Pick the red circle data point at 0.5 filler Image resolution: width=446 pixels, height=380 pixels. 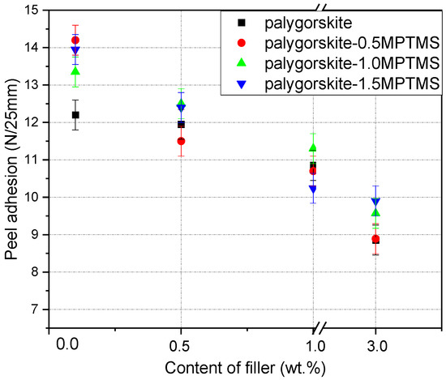point(181,141)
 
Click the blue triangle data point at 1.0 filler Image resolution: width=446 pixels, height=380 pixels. point(313,189)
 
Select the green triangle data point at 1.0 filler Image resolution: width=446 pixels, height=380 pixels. point(313,147)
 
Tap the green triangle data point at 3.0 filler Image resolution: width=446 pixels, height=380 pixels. point(375,212)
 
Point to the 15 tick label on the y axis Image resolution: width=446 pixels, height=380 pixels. point(30,11)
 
